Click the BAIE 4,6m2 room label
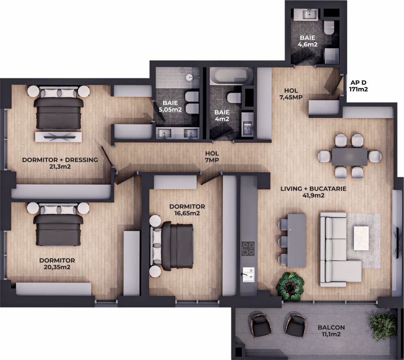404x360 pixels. [x=307, y=41]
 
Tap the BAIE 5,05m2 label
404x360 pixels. [x=170, y=106]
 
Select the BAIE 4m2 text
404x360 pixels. [x=222, y=116]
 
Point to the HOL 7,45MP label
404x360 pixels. [x=291, y=94]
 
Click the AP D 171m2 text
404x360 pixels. [x=358, y=86]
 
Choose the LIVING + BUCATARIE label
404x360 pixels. [x=313, y=192]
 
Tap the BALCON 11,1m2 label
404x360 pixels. [x=331, y=331]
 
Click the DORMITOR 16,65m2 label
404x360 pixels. [x=187, y=210]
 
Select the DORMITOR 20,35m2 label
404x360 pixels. [x=57, y=264]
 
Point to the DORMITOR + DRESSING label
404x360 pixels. [x=60, y=163]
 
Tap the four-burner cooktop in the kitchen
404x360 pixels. [x=248, y=248]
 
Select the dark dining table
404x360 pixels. [x=350, y=157]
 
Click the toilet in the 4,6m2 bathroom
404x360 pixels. [x=329, y=28]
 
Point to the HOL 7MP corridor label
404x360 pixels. [x=212, y=157]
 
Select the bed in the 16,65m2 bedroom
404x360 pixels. [x=174, y=246]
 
